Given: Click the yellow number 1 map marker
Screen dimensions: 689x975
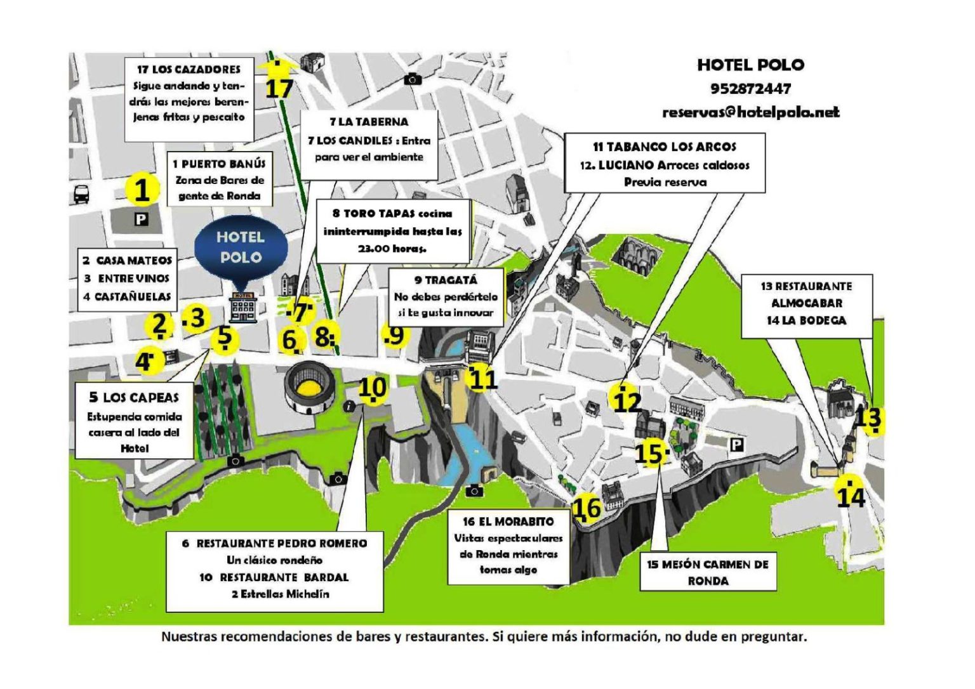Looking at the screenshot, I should [142, 190].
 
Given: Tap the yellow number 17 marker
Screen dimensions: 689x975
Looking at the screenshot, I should [279, 84].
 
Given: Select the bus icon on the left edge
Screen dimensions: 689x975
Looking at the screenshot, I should [81, 194].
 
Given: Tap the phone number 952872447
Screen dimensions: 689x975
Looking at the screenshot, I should [750, 89].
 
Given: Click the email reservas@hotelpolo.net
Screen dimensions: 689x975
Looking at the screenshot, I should [750, 112].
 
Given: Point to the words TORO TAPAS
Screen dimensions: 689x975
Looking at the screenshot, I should [380, 214].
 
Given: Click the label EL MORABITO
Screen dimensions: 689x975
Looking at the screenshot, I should [515, 522].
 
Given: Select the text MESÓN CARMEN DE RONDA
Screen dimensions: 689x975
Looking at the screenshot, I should [708, 572].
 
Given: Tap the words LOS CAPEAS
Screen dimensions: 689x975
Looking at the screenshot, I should [140, 398].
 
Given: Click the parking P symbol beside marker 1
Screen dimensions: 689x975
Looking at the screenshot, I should [141, 220].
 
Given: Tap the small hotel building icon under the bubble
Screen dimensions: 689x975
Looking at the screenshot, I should [244, 307].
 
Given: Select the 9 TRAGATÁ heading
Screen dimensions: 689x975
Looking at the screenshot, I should [446, 280].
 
